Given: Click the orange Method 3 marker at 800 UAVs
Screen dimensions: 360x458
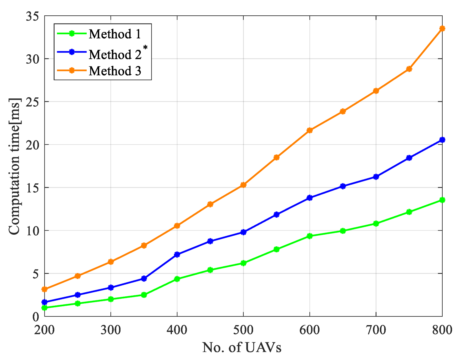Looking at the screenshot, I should click(442, 28).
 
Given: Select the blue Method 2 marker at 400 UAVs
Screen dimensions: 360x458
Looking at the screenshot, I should click(177, 255).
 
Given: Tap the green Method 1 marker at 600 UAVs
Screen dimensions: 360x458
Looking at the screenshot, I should click(310, 236).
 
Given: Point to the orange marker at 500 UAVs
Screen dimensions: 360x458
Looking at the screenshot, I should click(243, 185).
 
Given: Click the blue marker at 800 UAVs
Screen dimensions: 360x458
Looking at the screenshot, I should click(442, 140).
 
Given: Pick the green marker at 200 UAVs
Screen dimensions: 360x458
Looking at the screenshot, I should click(45, 308).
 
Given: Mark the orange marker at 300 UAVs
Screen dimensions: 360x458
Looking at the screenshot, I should click(111, 262).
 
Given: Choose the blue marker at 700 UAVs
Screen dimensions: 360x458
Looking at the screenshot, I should click(376, 177).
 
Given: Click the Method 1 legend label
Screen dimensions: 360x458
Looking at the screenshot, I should click(115, 34).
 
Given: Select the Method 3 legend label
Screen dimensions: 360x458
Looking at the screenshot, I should click(115, 71).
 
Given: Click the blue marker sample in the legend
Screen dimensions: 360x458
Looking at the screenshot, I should click(72, 52).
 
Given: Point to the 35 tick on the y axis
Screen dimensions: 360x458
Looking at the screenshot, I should click(32, 16).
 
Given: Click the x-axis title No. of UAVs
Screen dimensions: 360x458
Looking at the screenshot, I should click(242, 348).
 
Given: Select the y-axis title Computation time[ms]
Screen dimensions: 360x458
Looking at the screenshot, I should click(14, 166).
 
